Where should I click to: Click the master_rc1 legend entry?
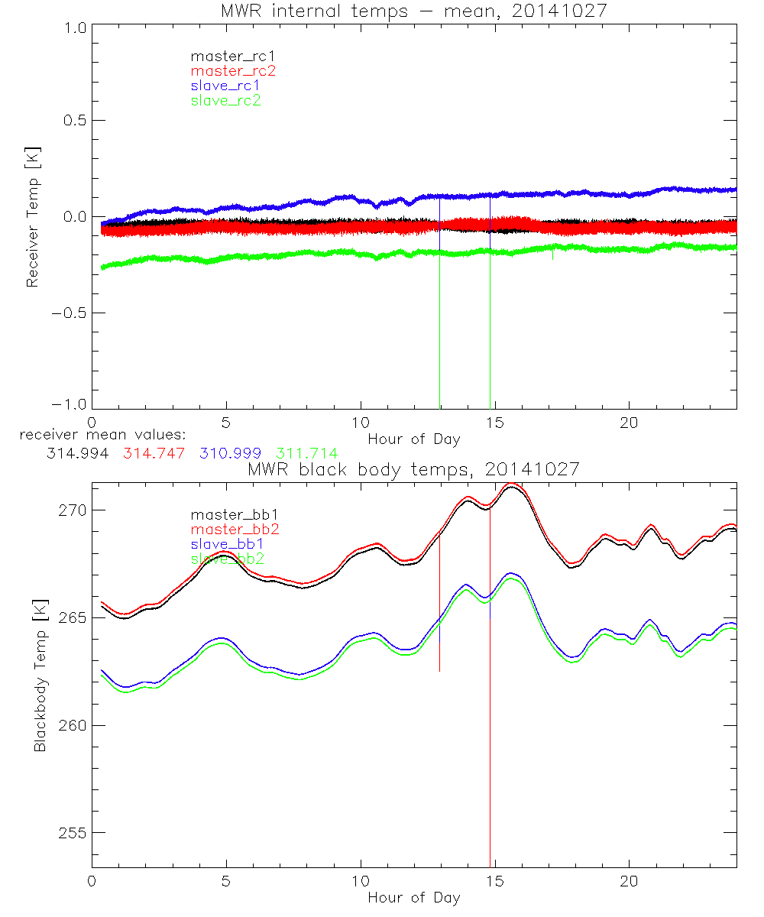click(x=227, y=56)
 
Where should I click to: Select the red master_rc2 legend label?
click(x=232, y=70)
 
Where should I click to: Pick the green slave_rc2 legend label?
click(x=225, y=99)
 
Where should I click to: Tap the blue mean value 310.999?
click(x=231, y=453)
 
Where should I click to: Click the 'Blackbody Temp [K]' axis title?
click(x=39, y=676)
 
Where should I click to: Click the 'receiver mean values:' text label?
click(x=98, y=435)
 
